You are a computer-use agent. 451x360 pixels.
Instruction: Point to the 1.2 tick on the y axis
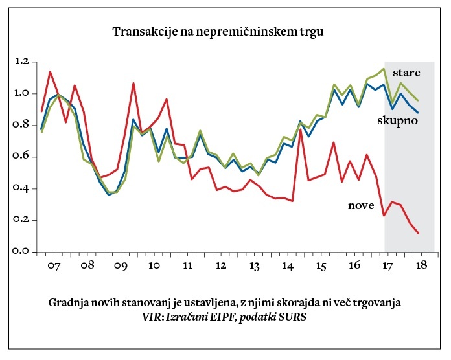[21, 62]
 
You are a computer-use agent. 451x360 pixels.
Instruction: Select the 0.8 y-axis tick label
[21, 125]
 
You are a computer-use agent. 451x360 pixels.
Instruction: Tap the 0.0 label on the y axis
[21, 252]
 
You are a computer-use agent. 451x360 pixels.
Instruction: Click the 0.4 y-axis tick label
[21, 188]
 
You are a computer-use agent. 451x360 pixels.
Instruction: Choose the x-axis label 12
[221, 266]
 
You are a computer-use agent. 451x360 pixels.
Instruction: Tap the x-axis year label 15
[321, 266]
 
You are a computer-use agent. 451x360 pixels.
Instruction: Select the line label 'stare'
[407, 73]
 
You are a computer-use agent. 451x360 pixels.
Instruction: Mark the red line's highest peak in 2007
[51, 72]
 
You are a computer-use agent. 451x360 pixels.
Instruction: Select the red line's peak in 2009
[133, 83]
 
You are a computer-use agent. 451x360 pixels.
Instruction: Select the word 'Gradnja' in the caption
[67, 303]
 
